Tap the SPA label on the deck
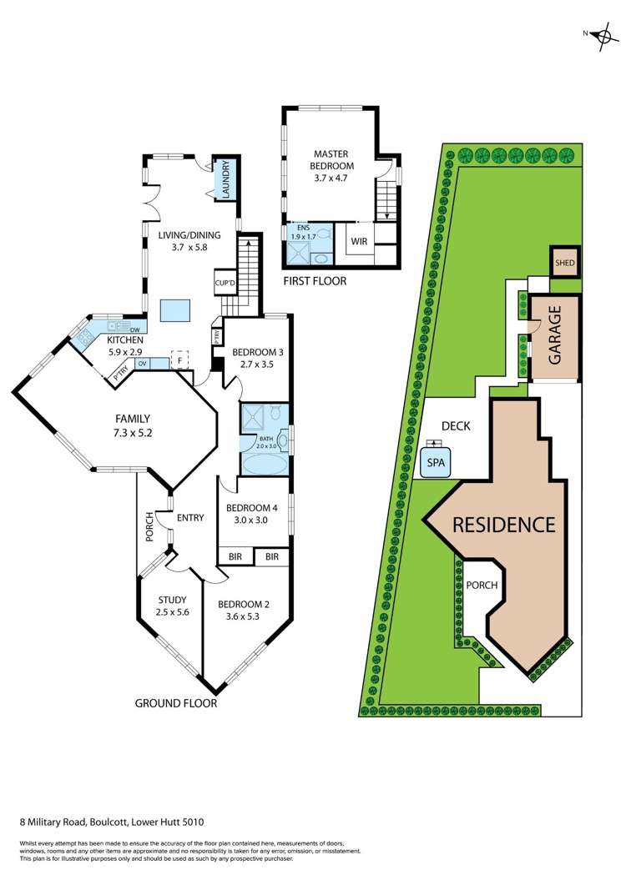(x=436, y=462)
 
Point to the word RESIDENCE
(x=503, y=525)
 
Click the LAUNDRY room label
(x=225, y=179)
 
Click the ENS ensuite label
(x=297, y=228)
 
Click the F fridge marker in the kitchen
(x=178, y=361)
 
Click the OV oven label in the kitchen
(x=142, y=364)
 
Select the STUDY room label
(x=173, y=600)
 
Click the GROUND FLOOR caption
(x=176, y=703)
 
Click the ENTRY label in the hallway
(x=190, y=518)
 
